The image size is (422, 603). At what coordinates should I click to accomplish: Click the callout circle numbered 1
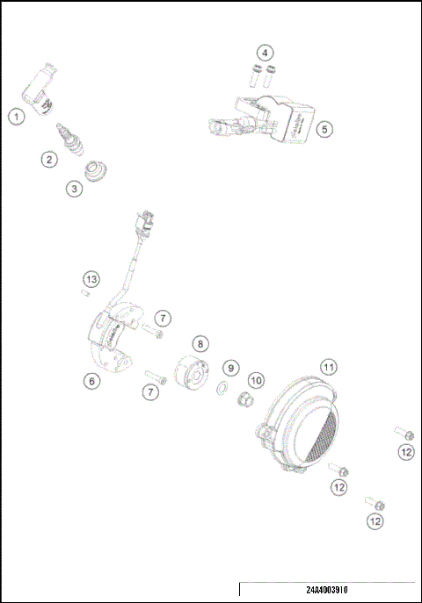[16, 115]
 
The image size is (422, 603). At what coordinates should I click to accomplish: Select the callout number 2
[49, 159]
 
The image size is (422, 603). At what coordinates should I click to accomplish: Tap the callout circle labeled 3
[74, 188]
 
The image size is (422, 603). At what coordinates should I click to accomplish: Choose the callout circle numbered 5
[324, 128]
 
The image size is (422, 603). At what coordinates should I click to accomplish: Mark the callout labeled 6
[91, 380]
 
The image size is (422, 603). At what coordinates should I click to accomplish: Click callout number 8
[200, 344]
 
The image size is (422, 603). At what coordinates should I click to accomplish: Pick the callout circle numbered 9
[230, 367]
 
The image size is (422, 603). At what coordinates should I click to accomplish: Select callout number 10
[255, 380]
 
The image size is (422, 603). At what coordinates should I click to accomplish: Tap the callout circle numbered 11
[328, 366]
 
